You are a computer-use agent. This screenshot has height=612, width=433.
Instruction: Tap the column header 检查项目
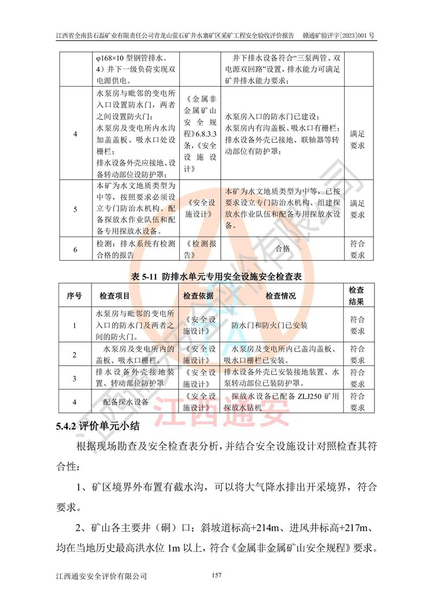point(114,296)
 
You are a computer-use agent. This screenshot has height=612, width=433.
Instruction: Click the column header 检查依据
point(199,296)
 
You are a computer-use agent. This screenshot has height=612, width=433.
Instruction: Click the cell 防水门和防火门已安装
point(269,326)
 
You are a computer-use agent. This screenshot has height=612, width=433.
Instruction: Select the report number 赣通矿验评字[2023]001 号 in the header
point(339,36)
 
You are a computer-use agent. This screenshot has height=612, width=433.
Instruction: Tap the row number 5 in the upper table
point(75,209)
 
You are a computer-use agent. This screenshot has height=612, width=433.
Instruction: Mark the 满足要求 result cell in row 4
point(357,139)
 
